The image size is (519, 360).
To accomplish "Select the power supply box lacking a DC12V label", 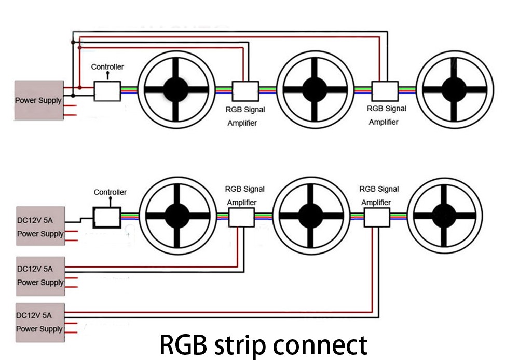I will (38, 100).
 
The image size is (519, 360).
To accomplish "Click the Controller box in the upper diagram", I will (107, 91).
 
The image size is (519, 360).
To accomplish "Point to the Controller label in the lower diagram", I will (110, 192).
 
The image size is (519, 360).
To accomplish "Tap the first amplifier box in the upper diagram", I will (245, 91).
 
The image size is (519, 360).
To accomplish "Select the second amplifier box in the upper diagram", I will (385, 91).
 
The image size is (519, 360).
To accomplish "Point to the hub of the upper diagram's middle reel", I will (315, 90).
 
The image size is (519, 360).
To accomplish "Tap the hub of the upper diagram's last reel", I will (455, 89).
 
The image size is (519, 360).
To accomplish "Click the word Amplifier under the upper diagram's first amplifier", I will (242, 123).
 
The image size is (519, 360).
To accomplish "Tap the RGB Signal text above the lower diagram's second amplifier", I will (379, 189).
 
